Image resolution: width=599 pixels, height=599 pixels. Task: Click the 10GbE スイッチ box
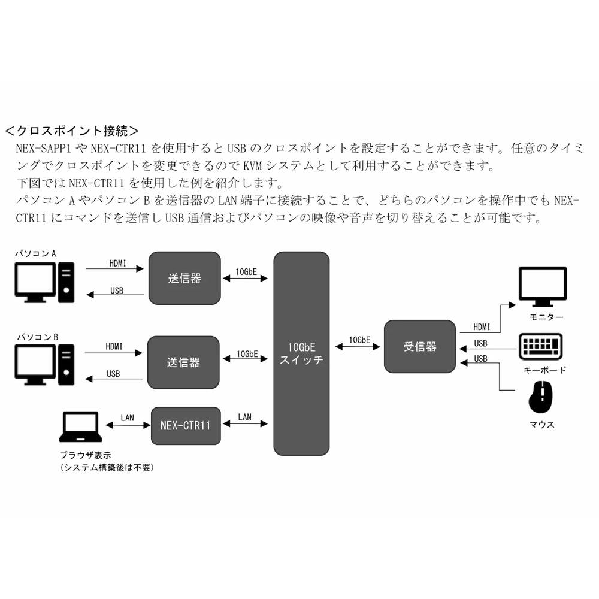pyautogui.click(x=301, y=353)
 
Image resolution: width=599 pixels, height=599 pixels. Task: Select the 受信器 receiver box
pyautogui.click(x=420, y=346)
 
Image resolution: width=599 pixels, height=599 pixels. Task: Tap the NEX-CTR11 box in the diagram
pyautogui.click(x=186, y=426)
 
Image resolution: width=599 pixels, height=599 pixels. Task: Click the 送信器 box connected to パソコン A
pyautogui.click(x=184, y=277)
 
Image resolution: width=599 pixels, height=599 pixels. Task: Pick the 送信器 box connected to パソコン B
pyautogui.click(x=183, y=362)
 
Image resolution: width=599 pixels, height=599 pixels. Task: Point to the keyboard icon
pyautogui.click(x=541, y=347)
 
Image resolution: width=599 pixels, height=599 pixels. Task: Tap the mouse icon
pyautogui.click(x=541, y=398)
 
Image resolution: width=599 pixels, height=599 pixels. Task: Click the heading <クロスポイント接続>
pyautogui.click(x=72, y=130)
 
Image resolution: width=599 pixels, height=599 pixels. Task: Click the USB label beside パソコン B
pyautogui.click(x=113, y=374)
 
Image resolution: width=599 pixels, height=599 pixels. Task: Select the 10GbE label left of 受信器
pyautogui.click(x=359, y=340)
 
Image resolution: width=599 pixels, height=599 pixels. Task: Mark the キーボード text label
pyautogui.click(x=544, y=370)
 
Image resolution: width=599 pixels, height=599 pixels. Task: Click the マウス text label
pyautogui.click(x=541, y=425)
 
